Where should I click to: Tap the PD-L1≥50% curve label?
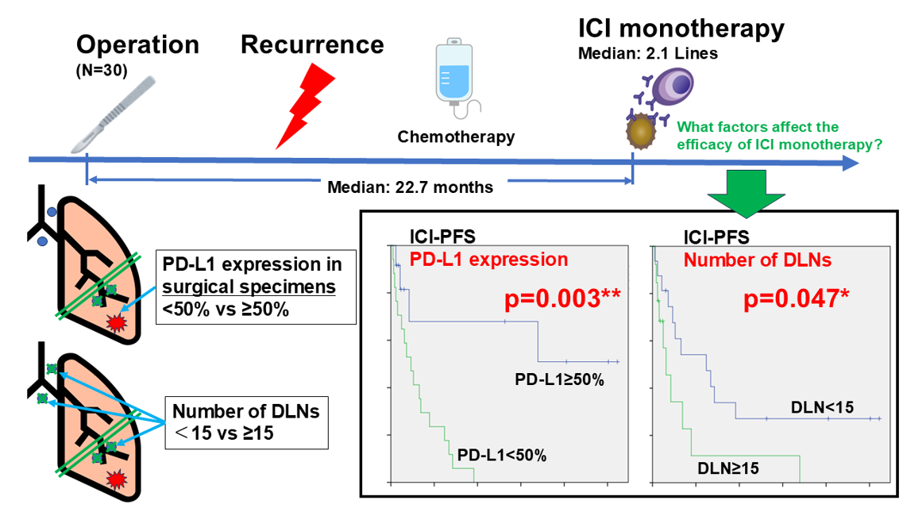pyautogui.click(x=559, y=379)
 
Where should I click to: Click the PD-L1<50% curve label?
pyautogui.click(x=502, y=456)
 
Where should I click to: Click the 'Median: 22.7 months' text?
pyautogui.click(x=410, y=188)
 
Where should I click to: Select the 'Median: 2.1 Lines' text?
pyautogui.click(x=647, y=55)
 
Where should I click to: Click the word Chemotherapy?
pyautogui.click(x=456, y=137)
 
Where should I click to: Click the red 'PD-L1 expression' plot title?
pyautogui.click(x=488, y=260)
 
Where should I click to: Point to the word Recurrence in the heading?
pyautogui.click(x=312, y=44)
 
